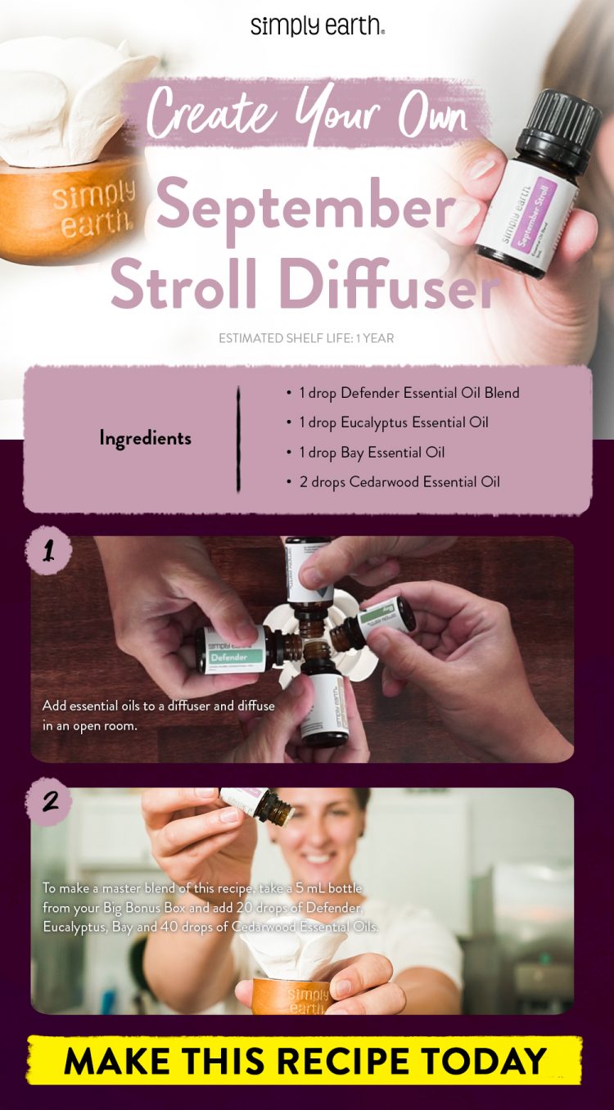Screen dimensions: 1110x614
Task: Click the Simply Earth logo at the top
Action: tap(318, 25)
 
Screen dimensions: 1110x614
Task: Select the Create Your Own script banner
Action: tap(307, 114)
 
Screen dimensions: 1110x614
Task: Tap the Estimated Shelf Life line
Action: tap(306, 338)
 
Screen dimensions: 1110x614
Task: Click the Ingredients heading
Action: tap(145, 438)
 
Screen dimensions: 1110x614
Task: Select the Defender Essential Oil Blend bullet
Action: tap(409, 393)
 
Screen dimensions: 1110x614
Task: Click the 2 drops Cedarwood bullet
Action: tap(399, 481)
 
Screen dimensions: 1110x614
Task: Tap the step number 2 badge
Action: tap(50, 801)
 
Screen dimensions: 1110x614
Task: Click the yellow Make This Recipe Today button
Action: tap(305, 1061)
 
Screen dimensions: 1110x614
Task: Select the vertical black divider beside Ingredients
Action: tap(238, 439)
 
